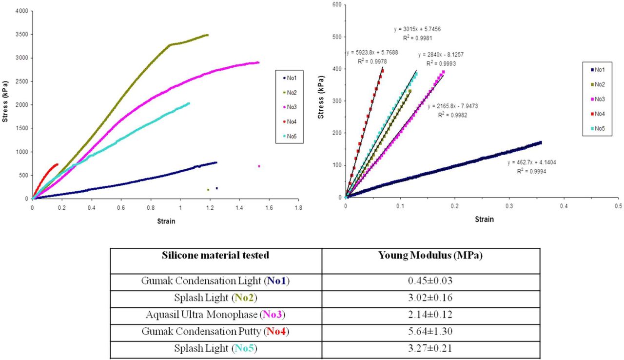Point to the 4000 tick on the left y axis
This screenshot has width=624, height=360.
(x=21, y=11)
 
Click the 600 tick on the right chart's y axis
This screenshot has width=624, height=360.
(x=335, y=5)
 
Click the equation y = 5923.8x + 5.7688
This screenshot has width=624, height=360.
(x=371, y=53)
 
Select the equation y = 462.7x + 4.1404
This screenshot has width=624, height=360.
(x=529, y=163)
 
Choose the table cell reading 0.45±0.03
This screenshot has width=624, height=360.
(x=430, y=281)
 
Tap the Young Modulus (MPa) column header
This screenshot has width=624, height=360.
(x=430, y=256)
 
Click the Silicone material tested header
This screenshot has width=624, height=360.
(x=215, y=256)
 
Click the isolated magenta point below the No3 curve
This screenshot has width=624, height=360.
(x=259, y=166)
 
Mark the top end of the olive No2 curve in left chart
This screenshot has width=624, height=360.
(x=207, y=35)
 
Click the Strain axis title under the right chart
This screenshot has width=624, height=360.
(x=484, y=220)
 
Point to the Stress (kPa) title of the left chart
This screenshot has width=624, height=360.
(x=5, y=105)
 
